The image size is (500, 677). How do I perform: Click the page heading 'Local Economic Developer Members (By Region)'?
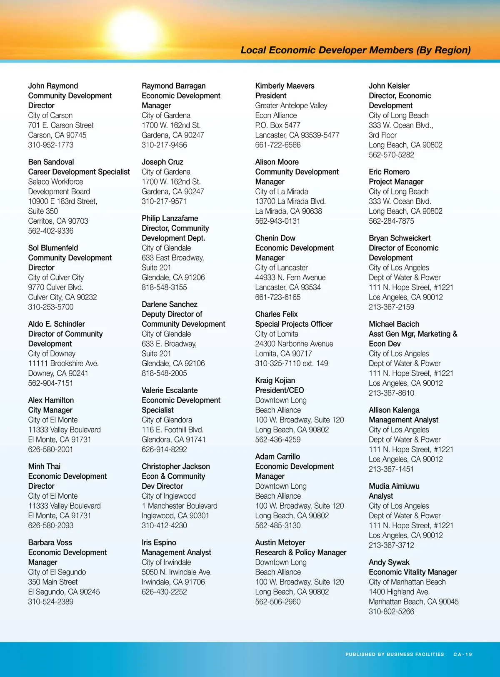point(355,50)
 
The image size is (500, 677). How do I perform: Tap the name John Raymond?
point(53,86)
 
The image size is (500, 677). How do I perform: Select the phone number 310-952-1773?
point(51,145)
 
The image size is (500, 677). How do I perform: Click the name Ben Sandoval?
point(51,162)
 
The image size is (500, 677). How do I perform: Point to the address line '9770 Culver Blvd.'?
point(56,287)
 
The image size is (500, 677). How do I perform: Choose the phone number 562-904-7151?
point(50,383)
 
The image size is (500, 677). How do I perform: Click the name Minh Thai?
point(44,467)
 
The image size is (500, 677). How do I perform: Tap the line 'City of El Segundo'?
point(57,572)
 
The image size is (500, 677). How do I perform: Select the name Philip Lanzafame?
point(170,218)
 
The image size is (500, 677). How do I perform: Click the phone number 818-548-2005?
point(164,373)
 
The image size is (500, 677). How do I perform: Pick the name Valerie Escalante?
point(170,390)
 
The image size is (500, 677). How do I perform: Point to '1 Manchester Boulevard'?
point(180,506)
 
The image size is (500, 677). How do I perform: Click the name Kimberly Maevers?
point(285,86)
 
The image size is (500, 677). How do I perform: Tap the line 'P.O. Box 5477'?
point(277,125)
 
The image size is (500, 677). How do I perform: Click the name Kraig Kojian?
point(275,380)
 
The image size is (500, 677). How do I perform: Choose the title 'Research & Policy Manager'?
point(301,552)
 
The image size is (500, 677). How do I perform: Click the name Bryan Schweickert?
point(400,238)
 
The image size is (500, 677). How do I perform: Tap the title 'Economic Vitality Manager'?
point(412,572)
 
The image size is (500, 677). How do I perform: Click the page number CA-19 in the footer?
point(462,655)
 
